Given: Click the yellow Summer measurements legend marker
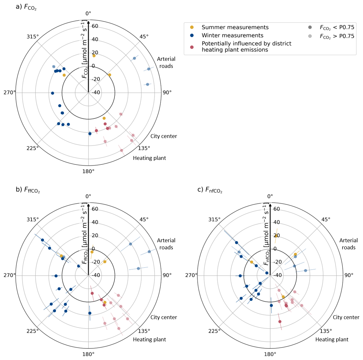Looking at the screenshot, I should [x=192, y=27].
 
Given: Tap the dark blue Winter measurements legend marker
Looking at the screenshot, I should [x=192, y=35].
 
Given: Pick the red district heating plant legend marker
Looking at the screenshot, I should [x=192, y=47].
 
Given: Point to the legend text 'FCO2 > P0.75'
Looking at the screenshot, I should [x=337, y=36].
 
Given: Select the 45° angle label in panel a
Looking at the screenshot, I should [x=144, y=36].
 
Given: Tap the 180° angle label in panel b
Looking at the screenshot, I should [x=88, y=354].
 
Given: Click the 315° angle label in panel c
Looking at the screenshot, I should [x=214, y=219].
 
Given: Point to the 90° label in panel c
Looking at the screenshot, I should [x=349, y=275].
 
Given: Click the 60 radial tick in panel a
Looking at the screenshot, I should [x=95, y=26].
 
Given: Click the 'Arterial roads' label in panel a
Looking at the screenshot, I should [x=166, y=62].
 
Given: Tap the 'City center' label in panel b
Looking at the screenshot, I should [x=163, y=317].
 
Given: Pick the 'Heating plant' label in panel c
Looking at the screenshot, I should [x=332, y=339].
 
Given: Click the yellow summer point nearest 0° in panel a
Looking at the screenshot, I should [x=94, y=56].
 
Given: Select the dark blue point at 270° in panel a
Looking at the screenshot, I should [x=52, y=93].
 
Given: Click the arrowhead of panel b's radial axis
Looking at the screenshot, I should [x=88, y=204].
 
